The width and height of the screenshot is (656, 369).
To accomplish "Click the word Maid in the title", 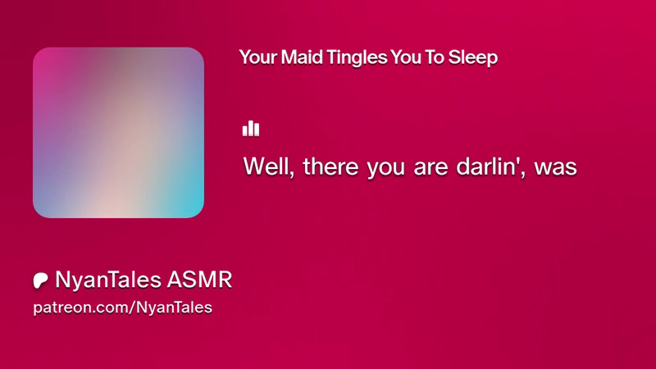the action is tap(301, 57).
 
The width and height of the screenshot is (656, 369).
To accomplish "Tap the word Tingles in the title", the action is tap(357, 58).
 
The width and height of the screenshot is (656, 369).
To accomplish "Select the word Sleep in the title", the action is tap(473, 58).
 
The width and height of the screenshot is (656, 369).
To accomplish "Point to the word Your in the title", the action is tap(257, 57).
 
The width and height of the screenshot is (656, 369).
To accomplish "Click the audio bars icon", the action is tap(251, 129).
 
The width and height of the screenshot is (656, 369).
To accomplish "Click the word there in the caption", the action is tap(330, 166).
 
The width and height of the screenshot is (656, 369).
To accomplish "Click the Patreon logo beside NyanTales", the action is tap(40, 280).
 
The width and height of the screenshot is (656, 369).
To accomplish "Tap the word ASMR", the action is tap(199, 280).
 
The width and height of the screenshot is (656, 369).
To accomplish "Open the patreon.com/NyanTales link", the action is tap(122, 307).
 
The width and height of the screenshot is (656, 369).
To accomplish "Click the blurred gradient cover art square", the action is tap(118, 132).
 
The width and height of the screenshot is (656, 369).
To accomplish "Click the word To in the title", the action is tap(435, 57).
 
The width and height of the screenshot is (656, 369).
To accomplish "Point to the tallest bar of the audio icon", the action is tap(251, 128).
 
